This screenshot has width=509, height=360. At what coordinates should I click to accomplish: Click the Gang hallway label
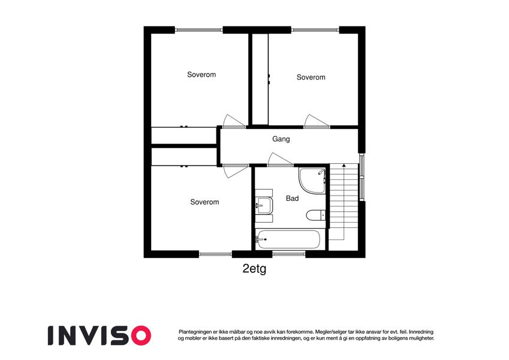click(281, 139)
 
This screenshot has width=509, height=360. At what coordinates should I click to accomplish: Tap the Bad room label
click(292, 198)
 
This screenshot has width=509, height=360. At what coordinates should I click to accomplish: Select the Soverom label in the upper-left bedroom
click(201, 74)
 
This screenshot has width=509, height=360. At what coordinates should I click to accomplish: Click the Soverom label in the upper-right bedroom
click(311, 77)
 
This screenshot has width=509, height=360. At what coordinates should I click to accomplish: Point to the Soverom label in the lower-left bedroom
click(204, 202)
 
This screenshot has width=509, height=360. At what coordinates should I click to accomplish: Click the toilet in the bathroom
click(316, 215)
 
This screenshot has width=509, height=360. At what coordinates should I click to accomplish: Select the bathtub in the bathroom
click(288, 240)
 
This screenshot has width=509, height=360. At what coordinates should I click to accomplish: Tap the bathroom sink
click(264, 205)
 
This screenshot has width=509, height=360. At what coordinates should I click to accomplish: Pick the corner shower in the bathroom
click(312, 181)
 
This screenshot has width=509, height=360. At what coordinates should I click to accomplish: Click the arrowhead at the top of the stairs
click(344, 166)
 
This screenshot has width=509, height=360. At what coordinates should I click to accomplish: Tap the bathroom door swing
click(281, 160)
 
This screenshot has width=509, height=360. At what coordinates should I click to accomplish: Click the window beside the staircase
click(362, 177)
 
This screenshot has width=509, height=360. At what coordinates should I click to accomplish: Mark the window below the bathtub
click(288, 254)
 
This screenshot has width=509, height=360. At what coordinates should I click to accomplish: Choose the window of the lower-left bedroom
click(215, 254)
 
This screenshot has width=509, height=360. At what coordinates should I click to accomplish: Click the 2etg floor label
click(254, 269)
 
